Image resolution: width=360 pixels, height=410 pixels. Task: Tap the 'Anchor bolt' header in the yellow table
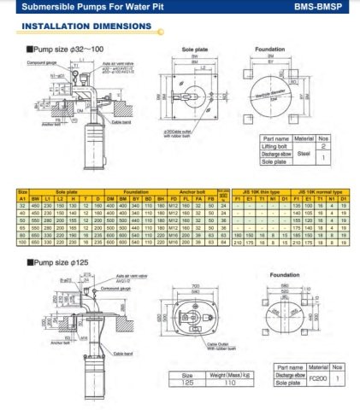pos(195,192)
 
